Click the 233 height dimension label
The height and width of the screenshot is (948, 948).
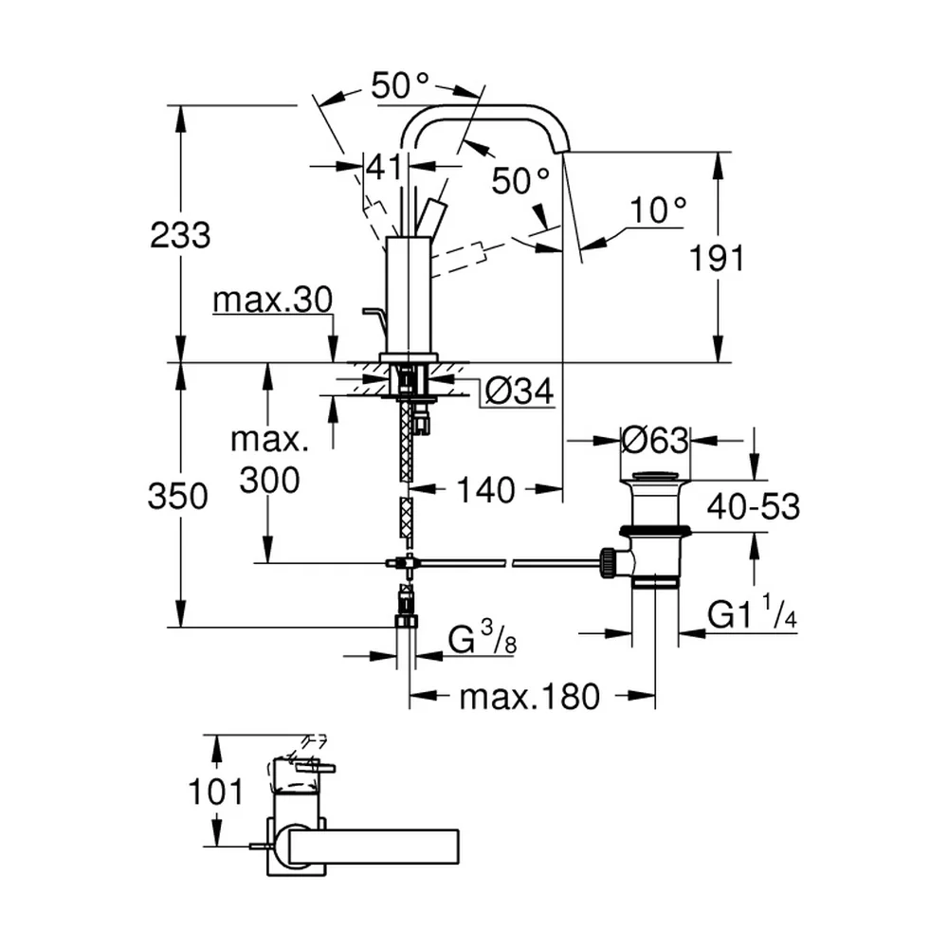pyautogui.click(x=180, y=235)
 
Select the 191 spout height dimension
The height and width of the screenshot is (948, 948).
pyautogui.click(x=717, y=259)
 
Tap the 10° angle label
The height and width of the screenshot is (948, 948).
pyautogui.click(x=658, y=210)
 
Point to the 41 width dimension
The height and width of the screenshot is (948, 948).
pyautogui.click(x=385, y=166)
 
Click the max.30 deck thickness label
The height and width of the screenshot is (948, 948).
pyautogui.click(x=273, y=300)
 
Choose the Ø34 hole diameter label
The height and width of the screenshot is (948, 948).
pyautogui.click(x=520, y=392)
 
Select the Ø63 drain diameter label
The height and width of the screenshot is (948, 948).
pyautogui.click(x=655, y=440)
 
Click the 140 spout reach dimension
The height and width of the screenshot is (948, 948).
pyautogui.click(x=486, y=489)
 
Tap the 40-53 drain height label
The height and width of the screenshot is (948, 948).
pyautogui.click(x=754, y=506)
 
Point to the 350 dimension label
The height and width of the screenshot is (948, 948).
pyautogui.click(x=178, y=497)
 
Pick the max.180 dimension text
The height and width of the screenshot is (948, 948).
pyautogui.click(x=530, y=697)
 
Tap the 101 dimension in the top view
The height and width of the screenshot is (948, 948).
pyautogui.click(x=216, y=792)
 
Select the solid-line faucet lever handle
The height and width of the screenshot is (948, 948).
pyautogui.click(x=431, y=216)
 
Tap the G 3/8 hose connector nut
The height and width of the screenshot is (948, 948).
pyautogui.click(x=407, y=622)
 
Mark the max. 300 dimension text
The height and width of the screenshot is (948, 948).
pyautogui.click(x=269, y=460)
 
